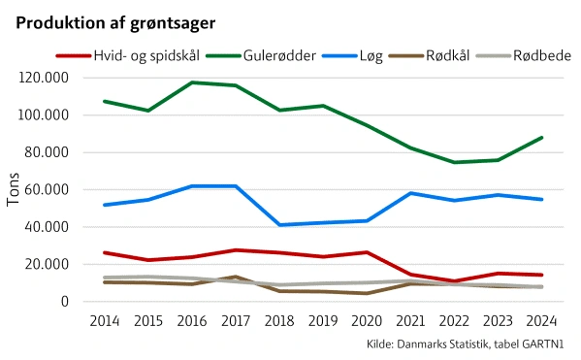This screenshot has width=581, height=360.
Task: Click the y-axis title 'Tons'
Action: point(14,190)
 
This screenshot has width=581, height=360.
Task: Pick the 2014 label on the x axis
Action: point(105,319)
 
